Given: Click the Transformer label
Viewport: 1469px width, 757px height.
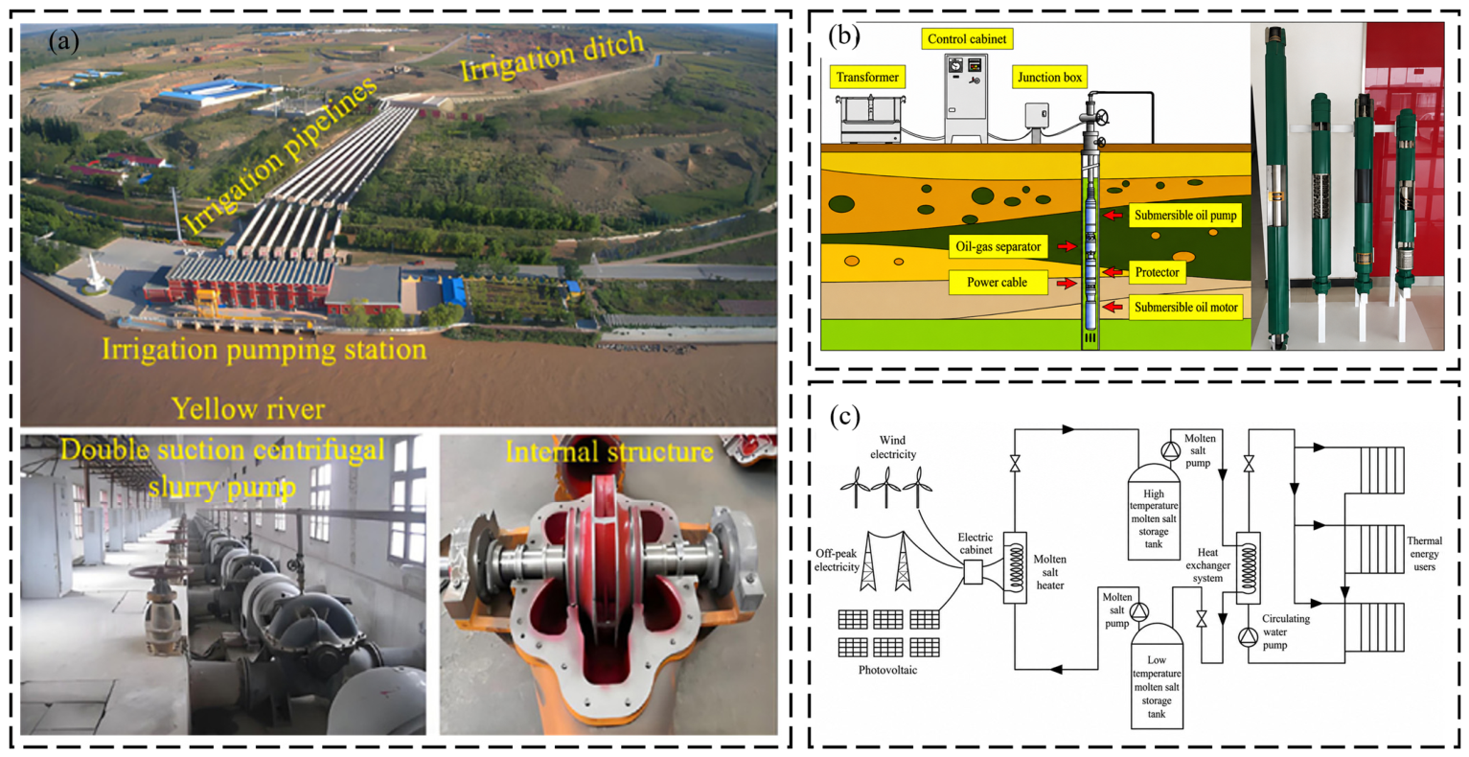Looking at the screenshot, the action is (x=867, y=77).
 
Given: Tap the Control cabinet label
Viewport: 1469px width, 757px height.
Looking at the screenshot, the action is (x=967, y=38).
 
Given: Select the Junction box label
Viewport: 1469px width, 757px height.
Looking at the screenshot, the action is (x=1049, y=77).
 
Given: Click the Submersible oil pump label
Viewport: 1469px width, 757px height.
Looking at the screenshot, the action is (x=1185, y=216).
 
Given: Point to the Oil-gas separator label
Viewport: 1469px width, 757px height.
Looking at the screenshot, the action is (x=998, y=246).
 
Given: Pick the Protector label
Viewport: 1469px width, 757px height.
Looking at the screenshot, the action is (x=1157, y=272).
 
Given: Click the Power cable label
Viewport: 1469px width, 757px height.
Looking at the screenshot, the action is (x=997, y=283).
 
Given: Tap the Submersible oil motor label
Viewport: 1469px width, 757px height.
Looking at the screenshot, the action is (x=1185, y=307).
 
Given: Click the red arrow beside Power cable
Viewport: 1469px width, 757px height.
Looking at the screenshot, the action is (x=1067, y=284).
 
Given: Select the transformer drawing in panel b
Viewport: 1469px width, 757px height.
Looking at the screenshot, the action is (x=870, y=119).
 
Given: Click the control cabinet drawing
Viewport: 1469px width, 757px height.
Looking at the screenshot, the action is (x=966, y=98).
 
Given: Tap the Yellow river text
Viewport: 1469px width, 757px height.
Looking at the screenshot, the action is (x=248, y=409).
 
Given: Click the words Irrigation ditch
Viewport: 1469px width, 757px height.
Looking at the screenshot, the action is (x=552, y=57).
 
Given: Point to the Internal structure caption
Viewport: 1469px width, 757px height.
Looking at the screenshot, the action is (x=609, y=452).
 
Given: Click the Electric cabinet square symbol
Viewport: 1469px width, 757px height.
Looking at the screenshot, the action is (x=974, y=572).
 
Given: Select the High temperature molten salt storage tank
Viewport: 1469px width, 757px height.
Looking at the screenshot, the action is (x=1153, y=512).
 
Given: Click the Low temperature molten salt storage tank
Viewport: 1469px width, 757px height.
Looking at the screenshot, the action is (x=1157, y=677).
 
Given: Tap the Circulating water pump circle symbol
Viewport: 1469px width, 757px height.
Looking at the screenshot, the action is (x=1248, y=637).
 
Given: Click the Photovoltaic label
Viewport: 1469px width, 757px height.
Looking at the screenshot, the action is (x=887, y=670).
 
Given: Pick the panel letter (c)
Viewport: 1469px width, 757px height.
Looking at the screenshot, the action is (x=844, y=416).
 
